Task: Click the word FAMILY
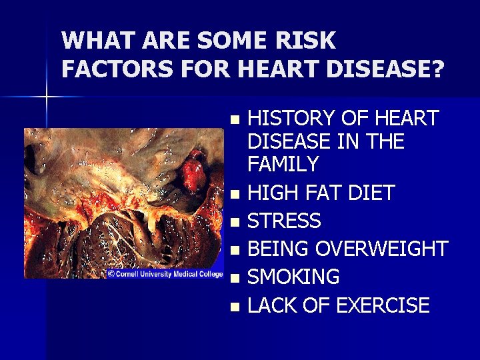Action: pyautogui.click(x=283, y=164)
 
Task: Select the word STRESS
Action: pyautogui.click(x=284, y=221)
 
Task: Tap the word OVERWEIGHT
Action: pyautogui.click(x=381, y=249)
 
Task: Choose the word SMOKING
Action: pyautogui.click(x=293, y=277)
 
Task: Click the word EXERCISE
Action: pyautogui.click(x=383, y=305)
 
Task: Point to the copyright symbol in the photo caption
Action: pyautogui.click(x=111, y=273)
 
